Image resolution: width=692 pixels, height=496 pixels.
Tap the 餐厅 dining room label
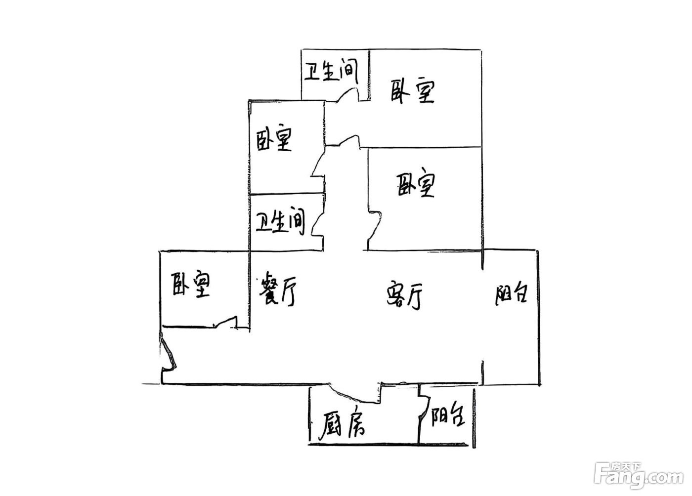(277, 289)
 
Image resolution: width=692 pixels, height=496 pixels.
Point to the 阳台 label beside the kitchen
(448, 417)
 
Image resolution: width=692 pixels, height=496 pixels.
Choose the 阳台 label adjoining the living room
(511, 293)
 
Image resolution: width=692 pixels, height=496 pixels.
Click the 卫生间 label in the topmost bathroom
(331, 71)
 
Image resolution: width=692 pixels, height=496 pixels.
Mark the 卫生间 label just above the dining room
(280, 221)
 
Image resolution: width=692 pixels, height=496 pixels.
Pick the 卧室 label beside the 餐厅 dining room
(191, 285)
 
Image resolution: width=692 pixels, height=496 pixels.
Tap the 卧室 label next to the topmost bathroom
(413, 91)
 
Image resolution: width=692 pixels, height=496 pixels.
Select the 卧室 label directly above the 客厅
(416, 185)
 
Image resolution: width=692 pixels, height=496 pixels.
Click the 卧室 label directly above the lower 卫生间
(274, 138)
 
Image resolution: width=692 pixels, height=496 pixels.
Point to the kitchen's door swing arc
(352, 395)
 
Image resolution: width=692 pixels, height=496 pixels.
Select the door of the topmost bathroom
(348, 94)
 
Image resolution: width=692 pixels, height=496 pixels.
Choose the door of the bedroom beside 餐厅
(225, 322)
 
